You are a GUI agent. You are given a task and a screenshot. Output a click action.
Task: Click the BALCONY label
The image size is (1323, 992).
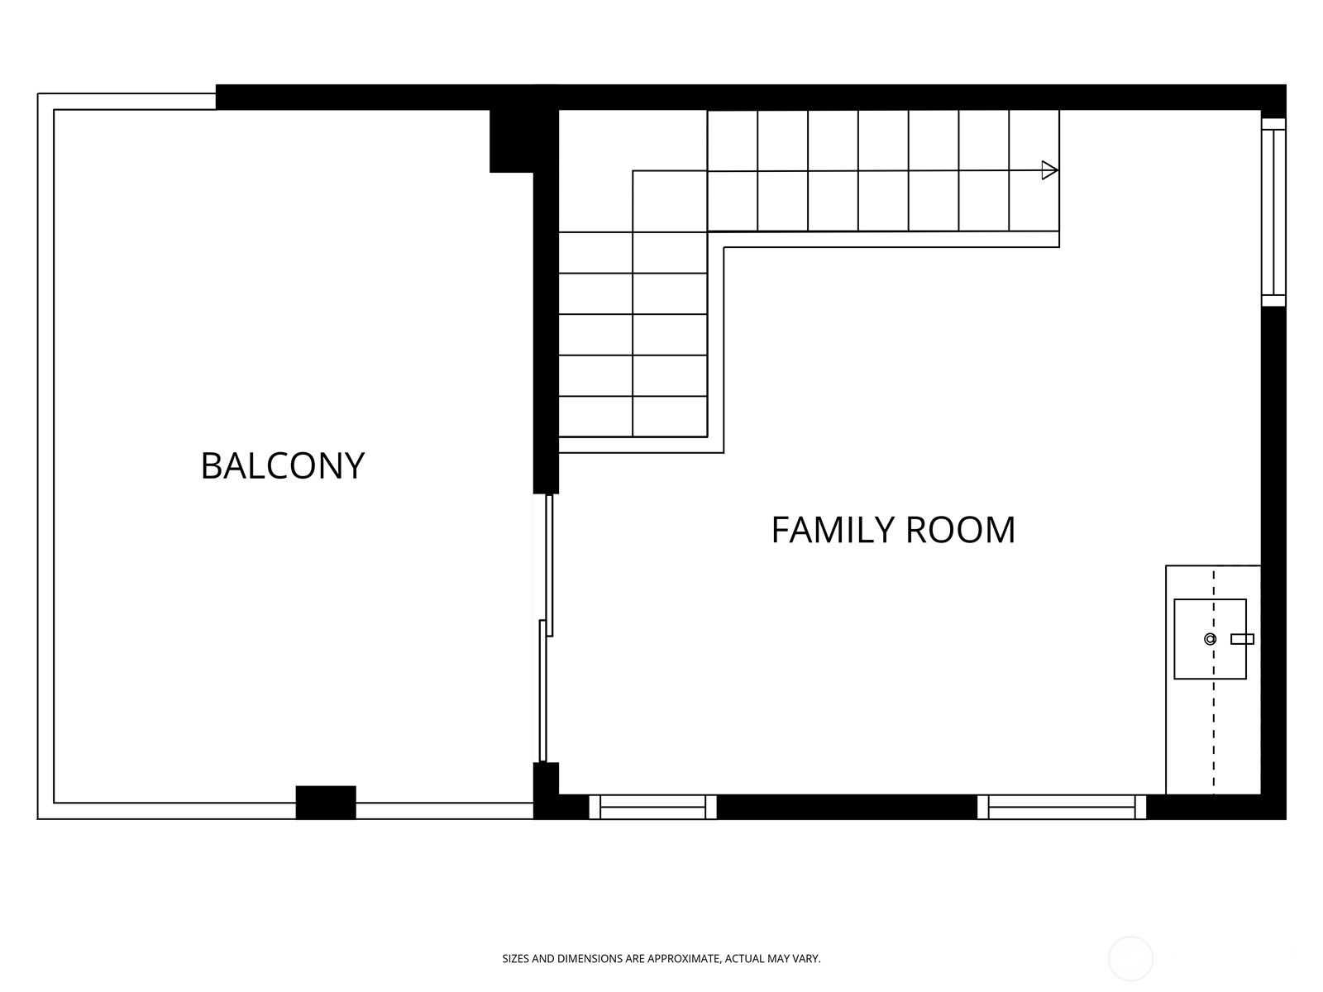pyautogui.click(x=282, y=465)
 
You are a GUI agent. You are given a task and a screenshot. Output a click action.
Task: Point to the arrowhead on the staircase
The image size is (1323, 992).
pyautogui.click(x=1049, y=170)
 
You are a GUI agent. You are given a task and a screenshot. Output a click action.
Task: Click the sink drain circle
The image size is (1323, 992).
pyautogui.click(x=1210, y=639)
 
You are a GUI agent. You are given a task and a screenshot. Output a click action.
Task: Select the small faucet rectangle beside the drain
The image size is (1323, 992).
pyautogui.click(x=1242, y=639)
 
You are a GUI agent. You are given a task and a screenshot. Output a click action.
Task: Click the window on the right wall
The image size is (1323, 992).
pyautogui.click(x=1273, y=212)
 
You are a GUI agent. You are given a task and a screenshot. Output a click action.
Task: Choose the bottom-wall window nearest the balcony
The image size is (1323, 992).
pyautogui.click(x=652, y=807)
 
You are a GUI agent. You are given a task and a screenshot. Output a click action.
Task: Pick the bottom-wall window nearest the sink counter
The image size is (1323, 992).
pyautogui.click(x=1062, y=807)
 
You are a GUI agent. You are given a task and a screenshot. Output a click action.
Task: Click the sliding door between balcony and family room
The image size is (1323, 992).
pyautogui.click(x=546, y=628)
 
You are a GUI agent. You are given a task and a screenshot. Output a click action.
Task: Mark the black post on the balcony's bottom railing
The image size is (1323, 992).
pyautogui.click(x=326, y=802)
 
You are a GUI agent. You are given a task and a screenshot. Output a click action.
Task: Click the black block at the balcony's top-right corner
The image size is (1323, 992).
pyautogui.click(x=513, y=141)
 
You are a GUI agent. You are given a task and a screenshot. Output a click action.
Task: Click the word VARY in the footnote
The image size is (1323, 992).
pyautogui.click(x=806, y=959)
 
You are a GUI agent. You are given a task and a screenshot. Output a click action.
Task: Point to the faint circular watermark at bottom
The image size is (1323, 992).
pyautogui.click(x=1130, y=959)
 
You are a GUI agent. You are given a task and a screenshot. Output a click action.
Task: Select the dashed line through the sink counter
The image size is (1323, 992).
pyautogui.click(x=1213, y=727)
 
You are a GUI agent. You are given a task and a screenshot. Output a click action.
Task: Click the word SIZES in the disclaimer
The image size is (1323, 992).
pyautogui.click(x=516, y=959)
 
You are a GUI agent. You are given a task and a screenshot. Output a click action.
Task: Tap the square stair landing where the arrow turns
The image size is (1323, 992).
pyautogui.click(x=670, y=201)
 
